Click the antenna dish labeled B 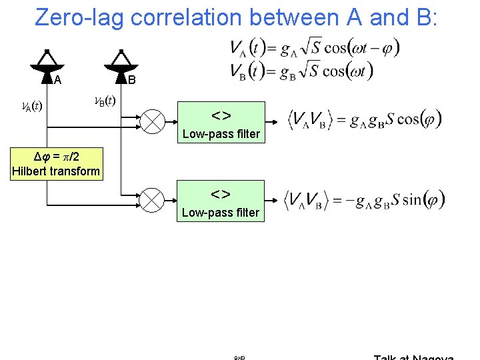(x=120, y=64)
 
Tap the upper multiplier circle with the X (x=153, y=121)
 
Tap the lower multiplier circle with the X (x=153, y=200)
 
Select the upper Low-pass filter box (x=221, y=122)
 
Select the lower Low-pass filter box (x=221, y=201)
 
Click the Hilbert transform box (x=56, y=165)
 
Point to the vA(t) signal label (x=29, y=106)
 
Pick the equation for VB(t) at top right (x=301, y=70)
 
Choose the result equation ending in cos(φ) (x=364, y=121)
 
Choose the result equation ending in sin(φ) (x=364, y=200)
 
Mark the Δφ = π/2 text (x=56, y=157)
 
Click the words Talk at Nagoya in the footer (x=413, y=357)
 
